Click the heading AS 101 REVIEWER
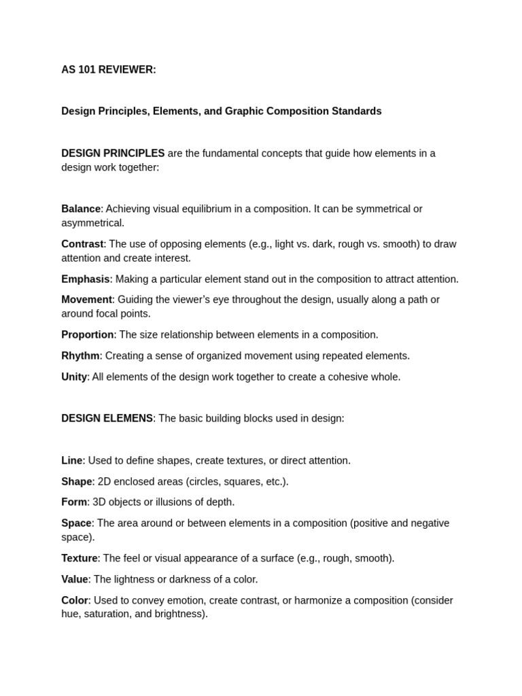(x=109, y=69)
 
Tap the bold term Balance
(x=81, y=209)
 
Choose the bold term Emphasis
(x=85, y=279)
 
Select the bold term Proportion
(x=87, y=334)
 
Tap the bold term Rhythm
(x=80, y=355)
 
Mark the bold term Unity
(x=74, y=377)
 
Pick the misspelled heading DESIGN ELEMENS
(x=107, y=419)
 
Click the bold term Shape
(x=77, y=481)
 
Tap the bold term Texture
(x=80, y=558)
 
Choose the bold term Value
(x=75, y=579)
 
